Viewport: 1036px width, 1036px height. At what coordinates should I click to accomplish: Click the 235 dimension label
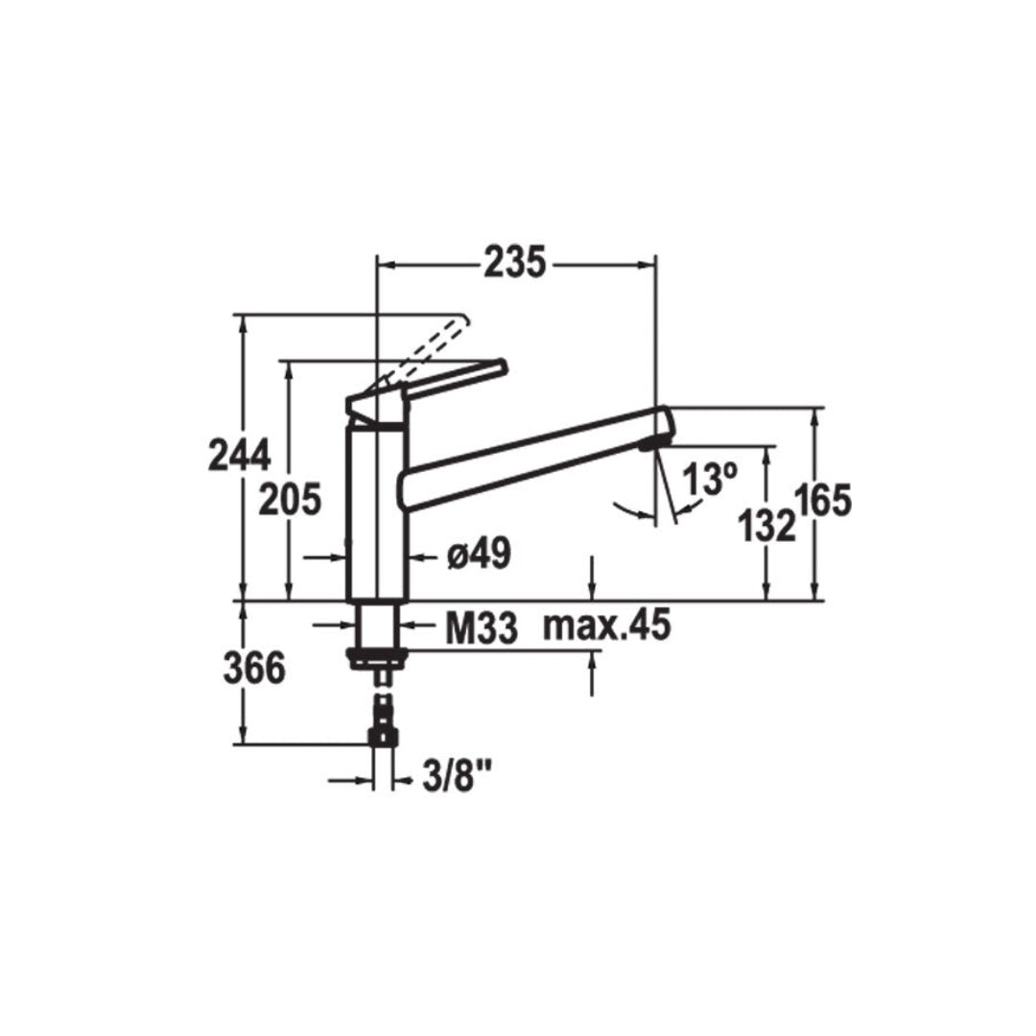[514, 262]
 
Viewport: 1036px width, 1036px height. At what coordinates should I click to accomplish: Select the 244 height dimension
[239, 455]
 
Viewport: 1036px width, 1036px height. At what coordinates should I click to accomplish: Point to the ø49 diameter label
[478, 554]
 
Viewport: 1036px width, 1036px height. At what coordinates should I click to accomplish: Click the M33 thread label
[482, 628]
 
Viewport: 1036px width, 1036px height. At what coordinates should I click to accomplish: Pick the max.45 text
[605, 626]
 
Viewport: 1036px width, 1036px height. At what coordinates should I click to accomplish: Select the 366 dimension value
[254, 669]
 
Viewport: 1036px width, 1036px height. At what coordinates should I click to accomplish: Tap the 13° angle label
[710, 478]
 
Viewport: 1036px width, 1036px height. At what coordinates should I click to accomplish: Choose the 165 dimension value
[822, 501]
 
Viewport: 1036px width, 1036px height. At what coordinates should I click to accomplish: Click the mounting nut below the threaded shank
[378, 657]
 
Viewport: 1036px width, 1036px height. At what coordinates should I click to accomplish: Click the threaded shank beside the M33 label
[377, 625]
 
